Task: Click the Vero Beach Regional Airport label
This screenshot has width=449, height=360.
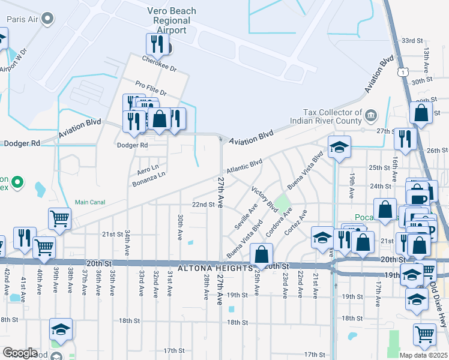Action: coord(171,20)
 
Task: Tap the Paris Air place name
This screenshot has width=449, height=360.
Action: coord(23,19)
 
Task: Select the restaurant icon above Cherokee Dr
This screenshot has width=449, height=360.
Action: coord(155,43)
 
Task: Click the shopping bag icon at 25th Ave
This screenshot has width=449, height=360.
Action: coord(261,254)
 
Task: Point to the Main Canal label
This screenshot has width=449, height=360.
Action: coord(89,202)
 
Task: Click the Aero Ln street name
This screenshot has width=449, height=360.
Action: coord(147,167)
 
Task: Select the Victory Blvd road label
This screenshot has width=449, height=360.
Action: coord(264,199)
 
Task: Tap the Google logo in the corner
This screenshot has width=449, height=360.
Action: coord(19,353)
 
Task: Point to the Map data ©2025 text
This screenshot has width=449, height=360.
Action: coord(423,355)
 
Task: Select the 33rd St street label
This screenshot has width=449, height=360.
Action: coord(412,40)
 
